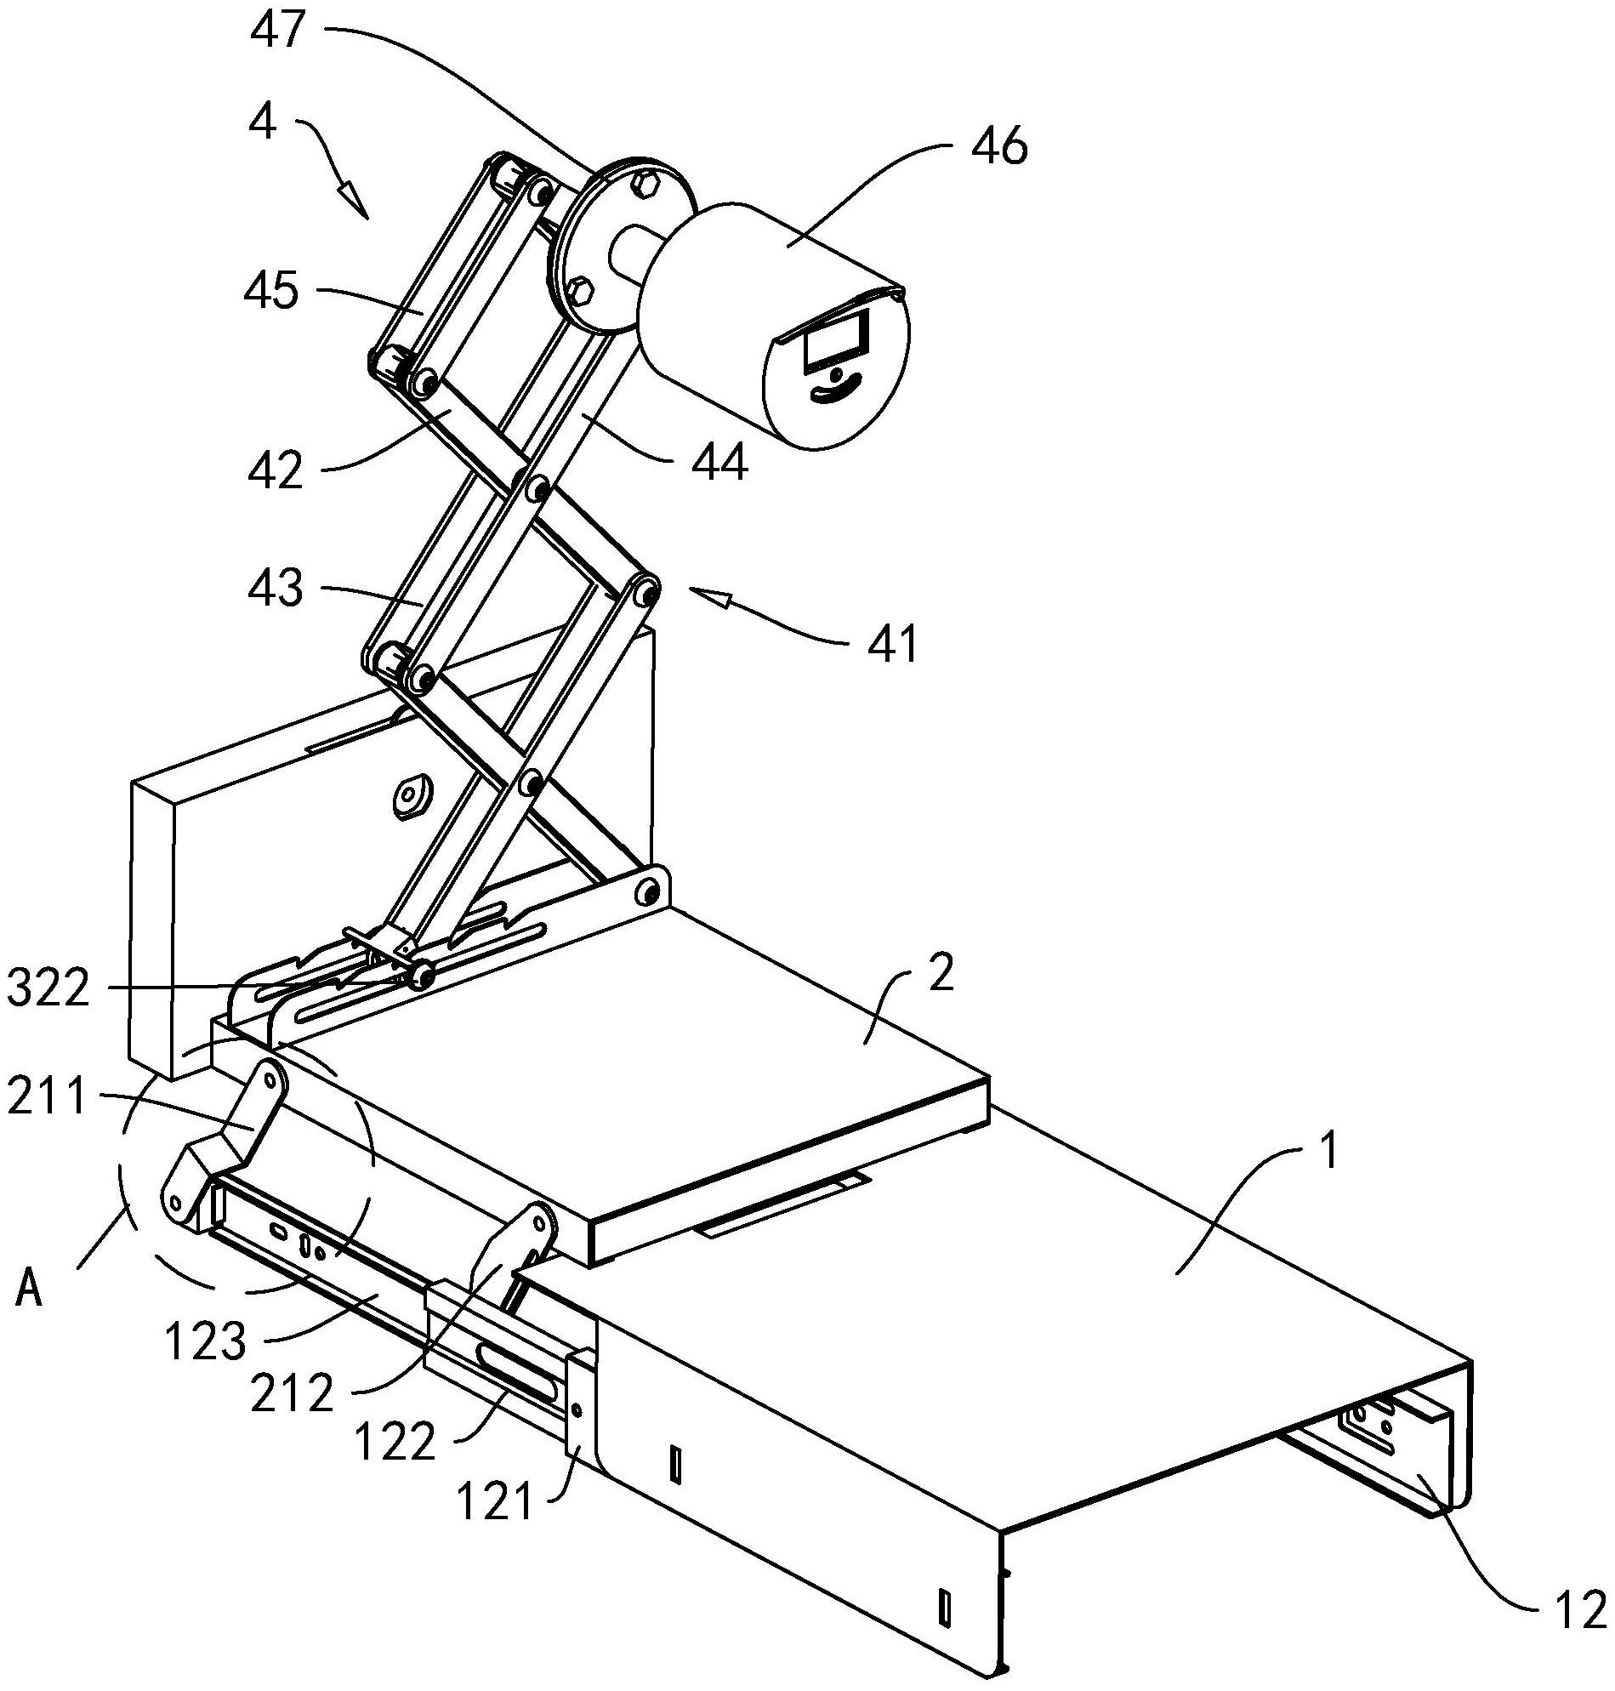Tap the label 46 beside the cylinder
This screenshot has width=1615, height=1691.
pos(998,146)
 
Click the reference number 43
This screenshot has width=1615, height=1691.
pos(276,589)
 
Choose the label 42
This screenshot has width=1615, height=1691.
pos(276,470)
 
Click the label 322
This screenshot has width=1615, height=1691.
pos(48,990)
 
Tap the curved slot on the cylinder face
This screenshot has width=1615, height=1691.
pos(837,390)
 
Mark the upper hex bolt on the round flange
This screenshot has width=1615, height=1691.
pos(645,184)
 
